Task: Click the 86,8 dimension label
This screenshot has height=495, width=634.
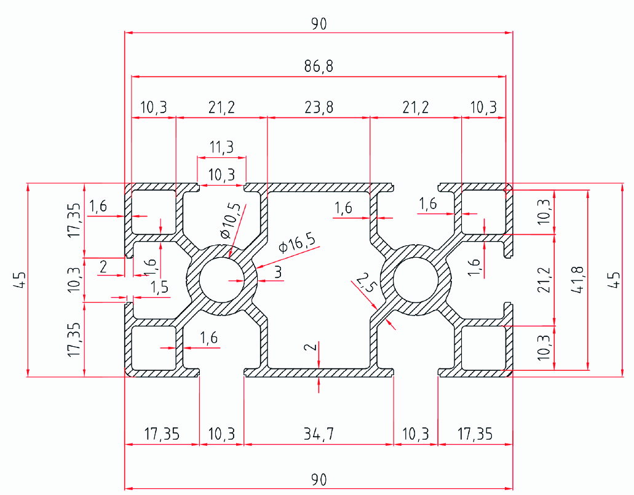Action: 318,66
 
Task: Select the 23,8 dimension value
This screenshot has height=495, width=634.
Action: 318,108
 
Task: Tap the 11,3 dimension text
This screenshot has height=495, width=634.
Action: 221,148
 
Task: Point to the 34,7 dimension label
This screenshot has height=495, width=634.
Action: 319,434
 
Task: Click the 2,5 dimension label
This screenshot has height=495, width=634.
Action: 365,285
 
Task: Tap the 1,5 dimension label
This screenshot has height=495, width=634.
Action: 159,288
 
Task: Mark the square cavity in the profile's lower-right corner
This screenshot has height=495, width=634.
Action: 483,347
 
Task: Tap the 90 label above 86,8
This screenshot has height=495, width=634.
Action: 318,24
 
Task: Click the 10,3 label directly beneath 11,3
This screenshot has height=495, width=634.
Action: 221,175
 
